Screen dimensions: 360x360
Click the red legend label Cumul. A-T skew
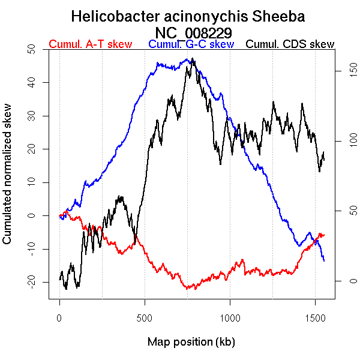click(x=90, y=44)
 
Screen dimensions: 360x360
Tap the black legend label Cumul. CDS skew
click(x=290, y=44)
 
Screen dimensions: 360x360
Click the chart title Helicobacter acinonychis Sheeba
click(x=188, y=16)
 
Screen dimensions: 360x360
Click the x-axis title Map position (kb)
click(x=191, y=342)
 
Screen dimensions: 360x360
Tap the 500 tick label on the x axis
click(x=145, y=316)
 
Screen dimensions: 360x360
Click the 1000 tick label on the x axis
click(x=230, y=316)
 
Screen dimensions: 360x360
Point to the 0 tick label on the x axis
click(x=59, y=316)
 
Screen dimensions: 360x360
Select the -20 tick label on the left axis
click(x=31, y=281)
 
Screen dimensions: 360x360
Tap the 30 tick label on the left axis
click(x=31, y=115)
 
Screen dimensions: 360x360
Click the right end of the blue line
click(x=324, y=260)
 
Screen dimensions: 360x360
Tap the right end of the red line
click(x=324, y=234)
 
